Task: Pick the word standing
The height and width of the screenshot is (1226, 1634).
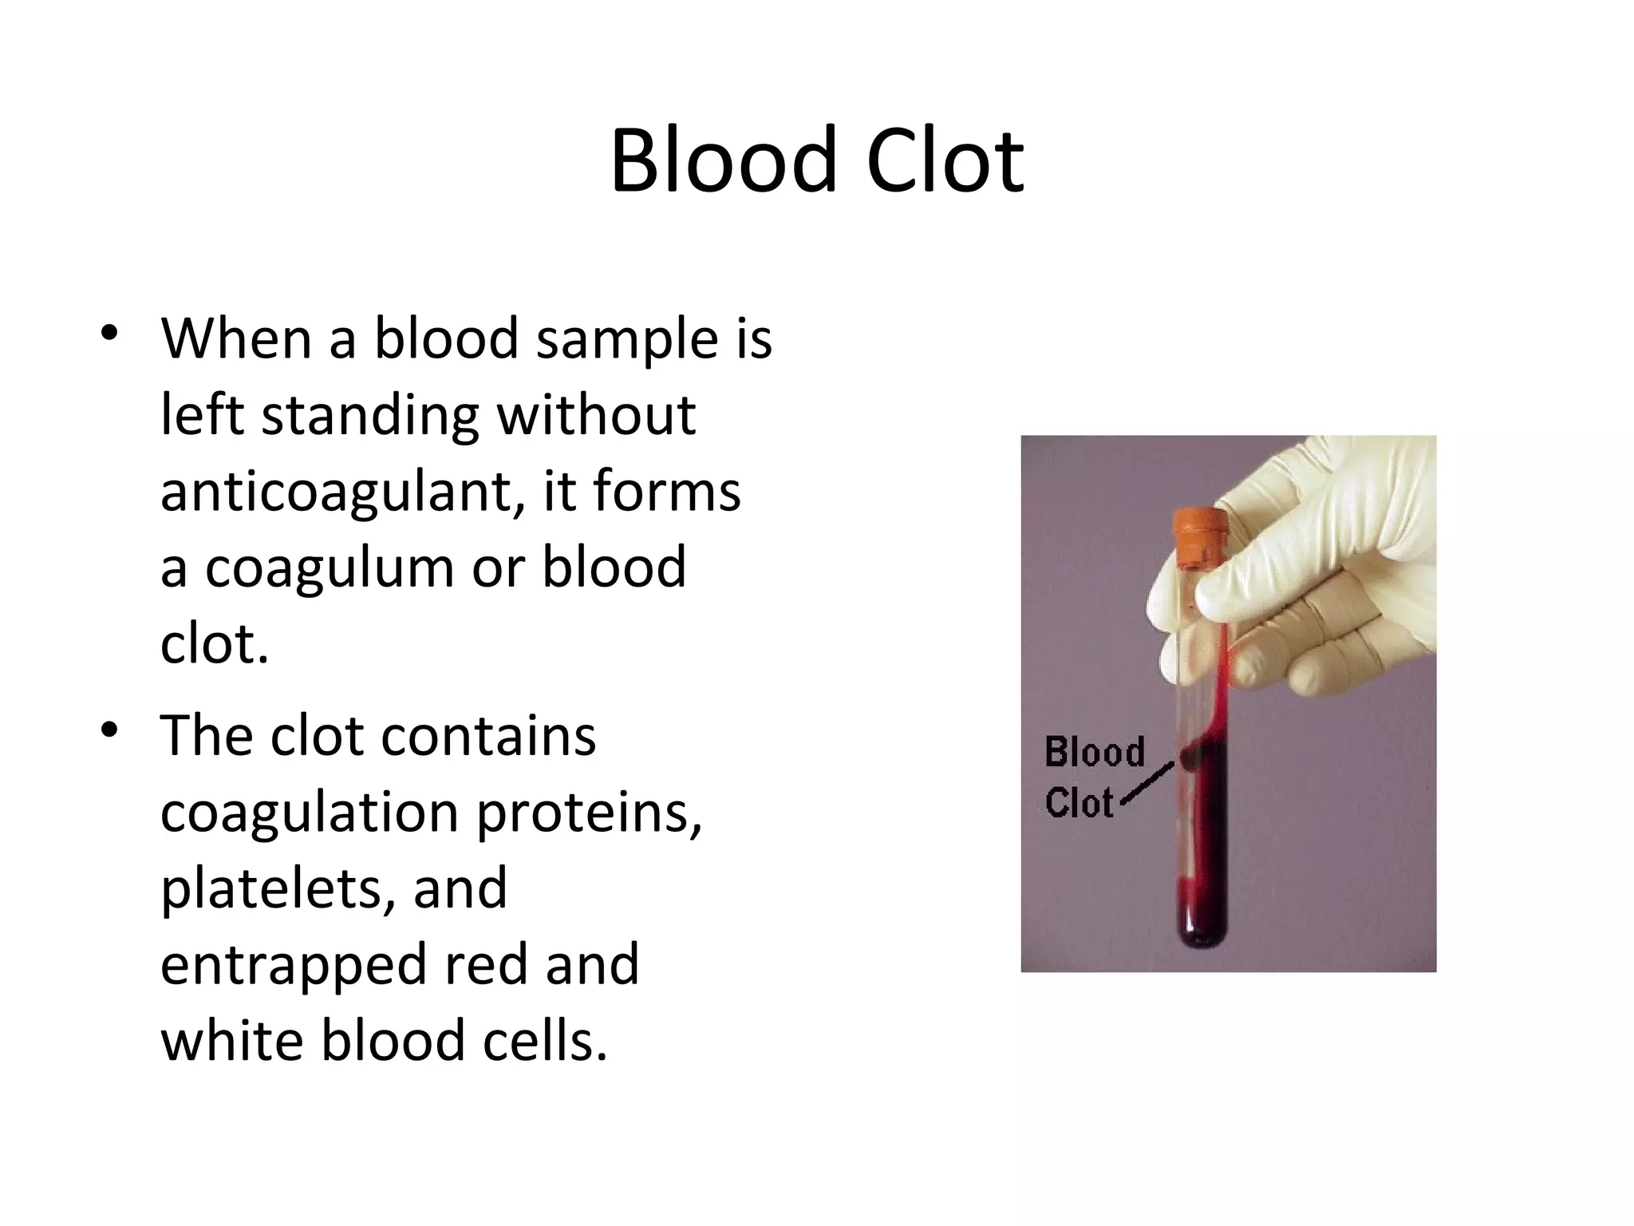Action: tap(370, 415)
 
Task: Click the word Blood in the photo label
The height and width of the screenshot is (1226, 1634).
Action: tap(1094, 752)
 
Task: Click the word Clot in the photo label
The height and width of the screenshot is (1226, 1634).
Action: tap(1079, 802)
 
